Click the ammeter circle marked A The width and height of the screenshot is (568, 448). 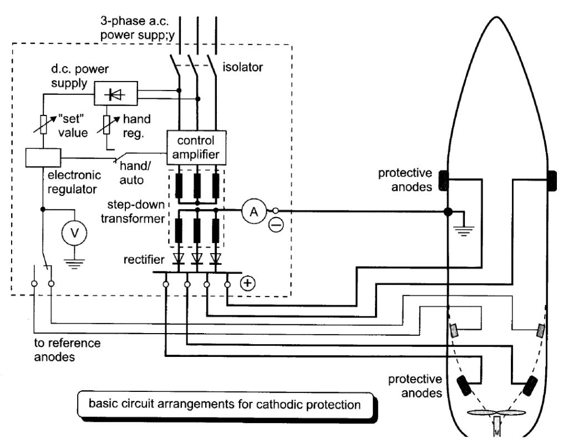pos(253,212)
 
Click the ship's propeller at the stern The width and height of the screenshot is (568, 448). pos(497,414)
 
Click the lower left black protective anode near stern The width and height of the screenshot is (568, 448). pos(464,384)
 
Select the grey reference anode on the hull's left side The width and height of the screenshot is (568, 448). pos(455,330)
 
